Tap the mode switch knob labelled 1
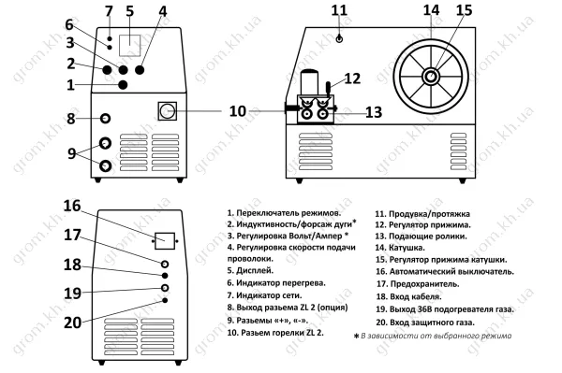point(123,85)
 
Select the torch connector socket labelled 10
point(167,111)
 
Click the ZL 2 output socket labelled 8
point(105,119)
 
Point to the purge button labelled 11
point(339,38)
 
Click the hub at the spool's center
point(431,76)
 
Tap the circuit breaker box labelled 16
point(165,241)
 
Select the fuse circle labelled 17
point(165,265)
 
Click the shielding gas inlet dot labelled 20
point(165,300)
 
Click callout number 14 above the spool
point(431,10)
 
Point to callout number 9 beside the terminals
point(72,153)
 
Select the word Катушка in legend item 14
point(407,248)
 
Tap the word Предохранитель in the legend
point(424,284)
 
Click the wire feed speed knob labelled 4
point(140,70)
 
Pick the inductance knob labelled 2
point(107,70)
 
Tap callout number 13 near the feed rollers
point(374,112)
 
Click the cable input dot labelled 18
point(165,276)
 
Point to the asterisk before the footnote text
point(356,337)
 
